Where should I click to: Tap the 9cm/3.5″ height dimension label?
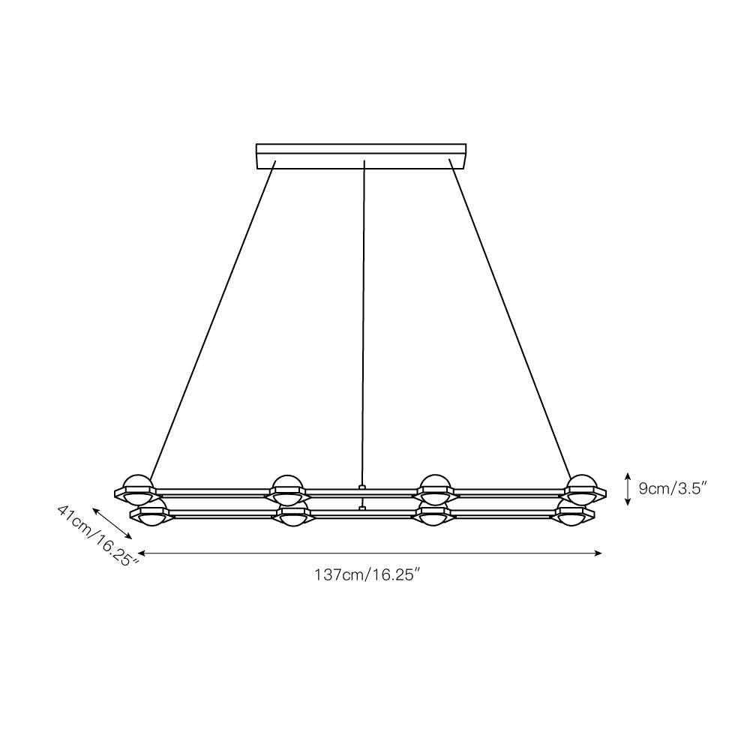(x=673, y=488)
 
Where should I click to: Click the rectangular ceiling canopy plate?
(x=361, y=157)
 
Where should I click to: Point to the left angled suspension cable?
(x=212, y=321)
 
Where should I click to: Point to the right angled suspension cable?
(x=510, y=317)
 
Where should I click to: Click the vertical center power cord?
(x=364, y=322)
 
